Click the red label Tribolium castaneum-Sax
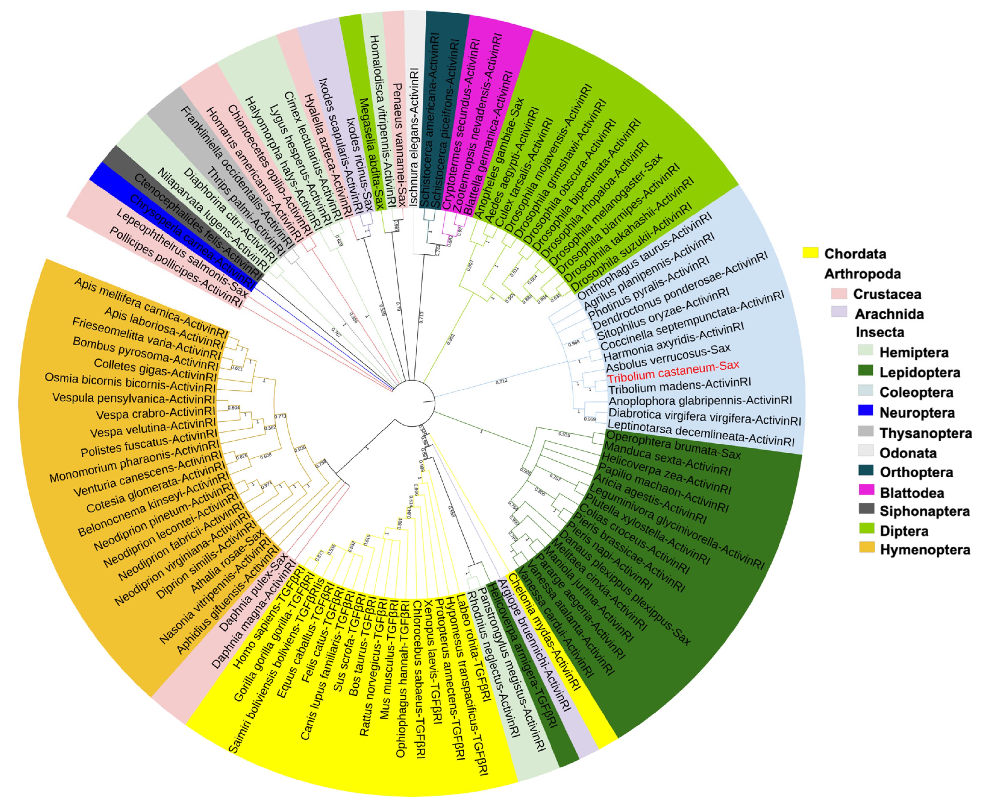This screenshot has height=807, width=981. [673, 371]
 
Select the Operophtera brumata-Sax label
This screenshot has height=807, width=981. [673, 445]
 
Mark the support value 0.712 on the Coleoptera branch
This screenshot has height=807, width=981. [501, 381]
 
